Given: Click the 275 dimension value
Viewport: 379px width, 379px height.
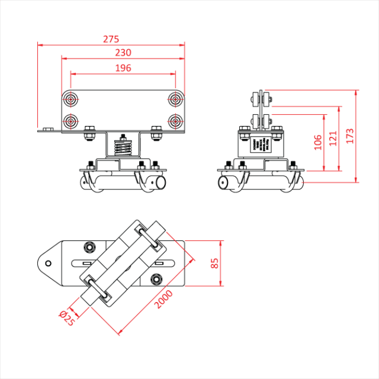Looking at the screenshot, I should click(111, 39).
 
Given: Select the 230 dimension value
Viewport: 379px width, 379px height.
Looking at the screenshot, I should click(123, 53).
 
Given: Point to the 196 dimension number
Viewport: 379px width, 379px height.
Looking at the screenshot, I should click(123, 68).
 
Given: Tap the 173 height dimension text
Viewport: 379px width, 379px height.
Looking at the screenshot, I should click(350, 137).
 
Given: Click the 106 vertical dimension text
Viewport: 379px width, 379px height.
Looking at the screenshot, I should click(317, 142).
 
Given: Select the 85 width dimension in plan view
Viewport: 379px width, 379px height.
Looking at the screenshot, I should click(215, 263).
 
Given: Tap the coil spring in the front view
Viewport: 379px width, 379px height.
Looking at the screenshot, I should click(123, 146).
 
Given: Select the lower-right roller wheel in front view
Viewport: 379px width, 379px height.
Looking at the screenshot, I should click(175, 121).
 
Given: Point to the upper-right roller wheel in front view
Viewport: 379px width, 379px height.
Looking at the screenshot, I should click(175, 98).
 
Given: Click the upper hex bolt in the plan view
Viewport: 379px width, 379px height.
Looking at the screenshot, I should click(89, 246).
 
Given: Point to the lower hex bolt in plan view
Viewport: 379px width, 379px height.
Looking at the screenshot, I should click(155, 279).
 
